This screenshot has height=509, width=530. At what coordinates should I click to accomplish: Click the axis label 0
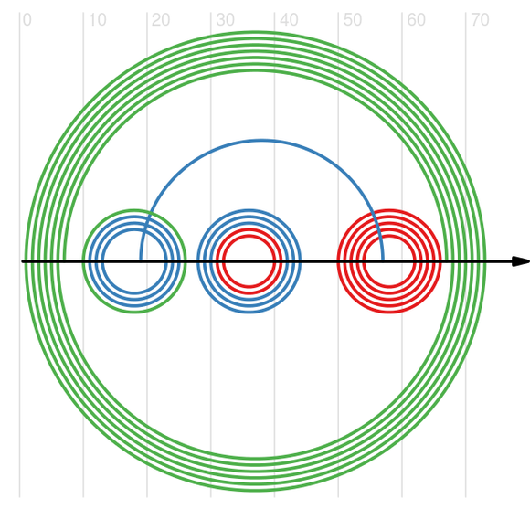[x=27, y=20]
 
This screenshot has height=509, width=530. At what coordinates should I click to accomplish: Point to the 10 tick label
[x=98, y=20]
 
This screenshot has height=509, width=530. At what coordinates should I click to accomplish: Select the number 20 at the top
[x=161, y=20]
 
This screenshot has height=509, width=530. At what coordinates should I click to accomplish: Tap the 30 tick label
[x=225, y=20]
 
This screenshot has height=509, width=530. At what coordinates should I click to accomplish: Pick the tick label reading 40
[x=289, y=20]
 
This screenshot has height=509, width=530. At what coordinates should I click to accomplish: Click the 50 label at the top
[x=353, y=20]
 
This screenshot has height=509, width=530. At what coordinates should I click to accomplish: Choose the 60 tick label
[x=416, y=20]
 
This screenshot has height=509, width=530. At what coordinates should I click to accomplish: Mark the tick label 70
[x=480, y=20]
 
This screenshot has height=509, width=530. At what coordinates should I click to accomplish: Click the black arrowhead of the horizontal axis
[x=521, y=261]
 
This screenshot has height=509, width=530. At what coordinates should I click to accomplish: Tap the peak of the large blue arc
[x=261, y=140]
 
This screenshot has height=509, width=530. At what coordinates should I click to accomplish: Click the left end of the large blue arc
[x=141, y=261]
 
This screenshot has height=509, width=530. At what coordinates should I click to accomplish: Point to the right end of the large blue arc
[x=383, y=261]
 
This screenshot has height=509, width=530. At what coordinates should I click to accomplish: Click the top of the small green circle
[x=134, y=210]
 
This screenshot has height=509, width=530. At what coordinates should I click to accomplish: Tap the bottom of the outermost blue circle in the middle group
[x=249, y=313]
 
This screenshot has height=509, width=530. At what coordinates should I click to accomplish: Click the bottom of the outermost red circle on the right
[x=389, y=313]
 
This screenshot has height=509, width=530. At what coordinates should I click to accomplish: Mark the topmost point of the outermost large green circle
[x=256, y=32]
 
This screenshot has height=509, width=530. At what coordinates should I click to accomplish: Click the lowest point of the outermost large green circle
[x=256, y=491]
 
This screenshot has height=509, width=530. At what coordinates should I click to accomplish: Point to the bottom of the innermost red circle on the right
[x=389, y=287]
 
